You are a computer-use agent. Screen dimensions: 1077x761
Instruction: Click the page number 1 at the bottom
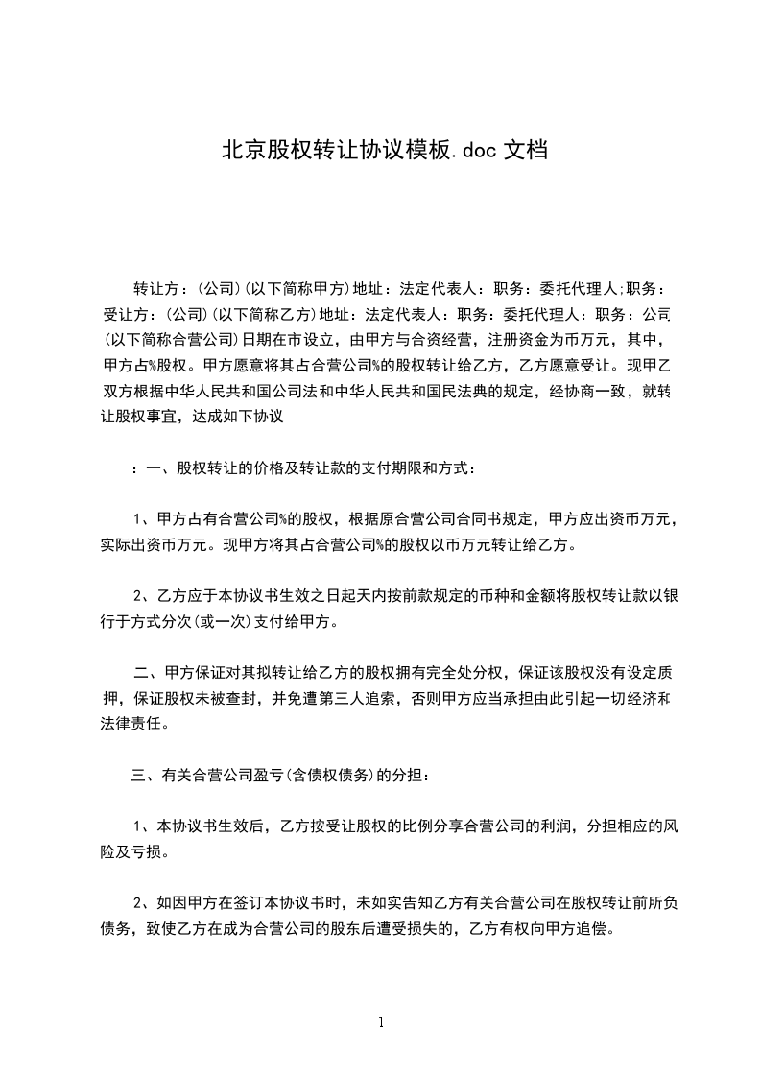click(x=381, y=1023)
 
